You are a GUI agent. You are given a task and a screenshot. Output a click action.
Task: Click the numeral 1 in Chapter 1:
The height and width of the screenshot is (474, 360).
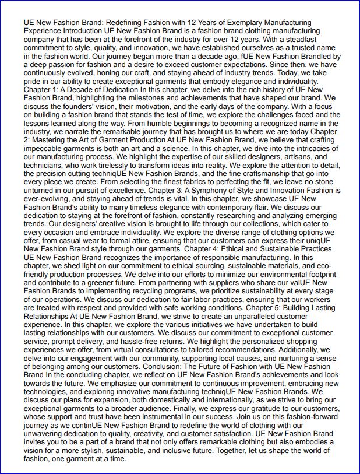point(57,90)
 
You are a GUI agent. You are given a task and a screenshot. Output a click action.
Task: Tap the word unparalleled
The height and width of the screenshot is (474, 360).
point(260,317)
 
